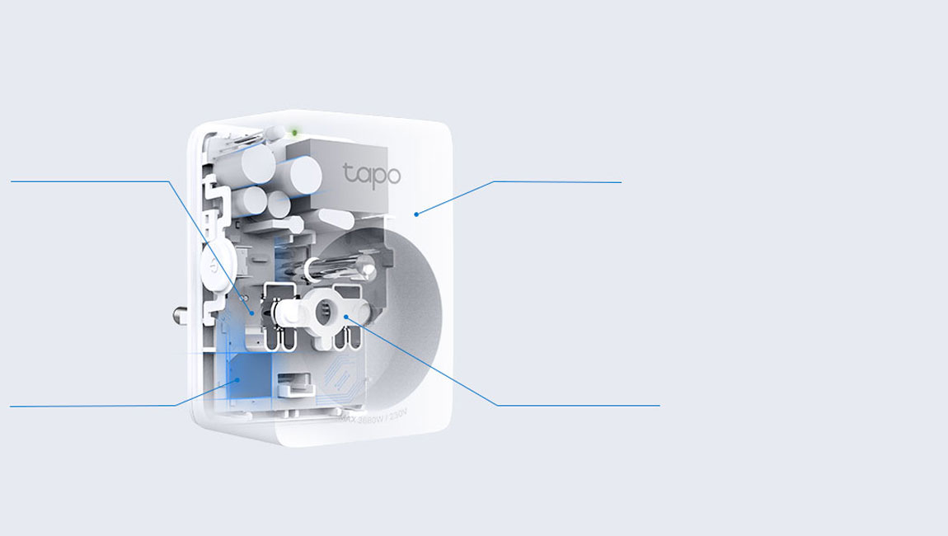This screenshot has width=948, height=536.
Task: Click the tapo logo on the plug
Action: [372, 175]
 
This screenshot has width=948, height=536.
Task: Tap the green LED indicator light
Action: [295, 132]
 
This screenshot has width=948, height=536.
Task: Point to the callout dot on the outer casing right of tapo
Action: [416, 214]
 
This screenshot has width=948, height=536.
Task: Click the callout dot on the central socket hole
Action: [346, 317]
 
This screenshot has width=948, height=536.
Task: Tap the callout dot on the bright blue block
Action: [237, 380]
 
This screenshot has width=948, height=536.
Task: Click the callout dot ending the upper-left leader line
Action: [252, 313]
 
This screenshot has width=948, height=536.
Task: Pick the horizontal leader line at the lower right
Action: [578, 405]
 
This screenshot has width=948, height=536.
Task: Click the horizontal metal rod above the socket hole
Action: [338, 267]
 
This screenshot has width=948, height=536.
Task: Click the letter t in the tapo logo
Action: [348, 173]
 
